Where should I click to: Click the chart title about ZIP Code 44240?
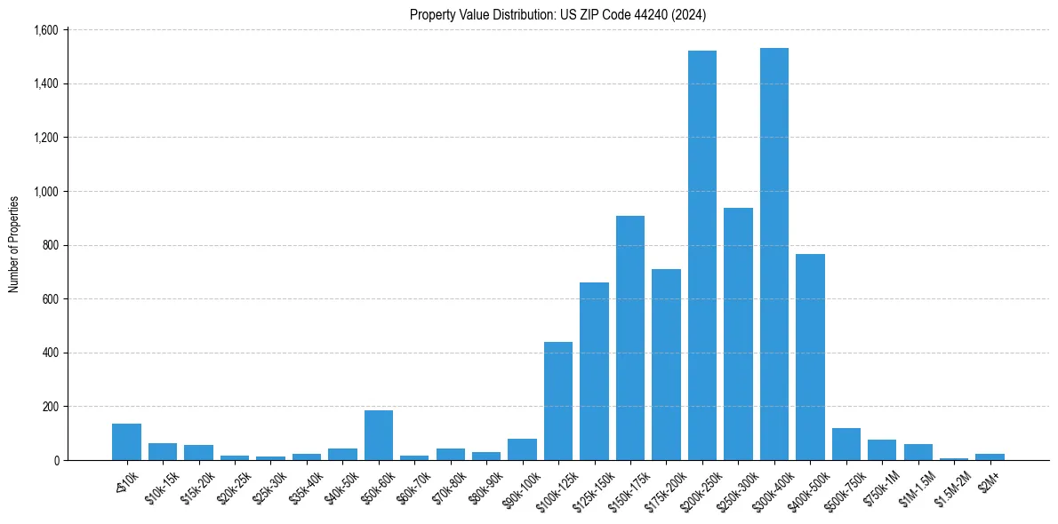pyautogui.click(x=557, y=14)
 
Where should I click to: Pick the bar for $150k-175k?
pyautogui.click(x=630, y=338)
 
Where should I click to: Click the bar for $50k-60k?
pyautogui.click(x=379, y=435)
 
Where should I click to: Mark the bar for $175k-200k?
pyautogui.click(x=666, y=365)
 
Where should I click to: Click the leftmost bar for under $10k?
pyautogui.click(x=126, y=442)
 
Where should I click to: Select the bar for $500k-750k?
pyautogui.click(x=846, y=444)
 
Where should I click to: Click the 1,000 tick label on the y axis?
pyautogui.click(x=46, y=192)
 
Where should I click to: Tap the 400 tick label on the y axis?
pyautogui.click(x=50, y=353)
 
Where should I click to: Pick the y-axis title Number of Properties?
pyautogui.click(x=14, y=244)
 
